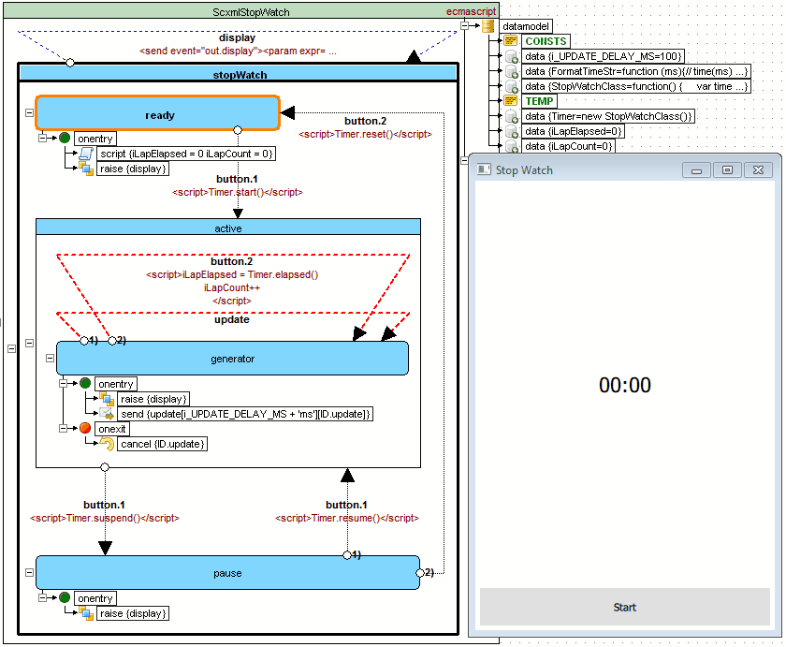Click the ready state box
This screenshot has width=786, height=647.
pyautogui.click(x=158, y=114)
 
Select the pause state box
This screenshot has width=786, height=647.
pyautogui.click(x=227, y=573)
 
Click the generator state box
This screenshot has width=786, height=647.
pyautogui.click(x=232, y=358)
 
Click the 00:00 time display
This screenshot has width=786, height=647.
pyautogui.click(x=625, y=385)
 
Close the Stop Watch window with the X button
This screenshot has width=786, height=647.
pyautogui.click(x=758, y=170)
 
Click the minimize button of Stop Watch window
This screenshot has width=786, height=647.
pyautogui.click(x=696, y=170)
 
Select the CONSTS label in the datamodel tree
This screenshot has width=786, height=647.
pyautogui.click(x=546, y=41)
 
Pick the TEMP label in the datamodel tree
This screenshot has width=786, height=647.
pyautogui.click(x=539, y=101)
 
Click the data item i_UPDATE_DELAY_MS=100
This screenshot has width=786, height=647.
pyautogui.click(x=603, y=56)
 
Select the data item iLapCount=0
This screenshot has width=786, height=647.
pyautogui.click(x=569, y=146)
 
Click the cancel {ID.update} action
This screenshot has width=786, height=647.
pyautogui.click(x=163, y=444)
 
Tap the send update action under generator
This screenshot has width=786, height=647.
pyautogui.click(x=245, y=414)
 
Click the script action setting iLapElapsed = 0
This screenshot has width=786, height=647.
pyautogui.click(x=186, y=154)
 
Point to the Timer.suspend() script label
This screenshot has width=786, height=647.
pyautogui.click(x=105, y=518)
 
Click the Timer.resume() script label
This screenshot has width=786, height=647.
pyautogui.click(x=347, y=518)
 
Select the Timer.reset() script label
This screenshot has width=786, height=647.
pyautogui.click(x=365, y=135)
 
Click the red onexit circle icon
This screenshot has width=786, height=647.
pyautogui.click(x=85, y=428)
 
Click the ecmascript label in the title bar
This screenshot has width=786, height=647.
pyautogui.click(x=472, y=11)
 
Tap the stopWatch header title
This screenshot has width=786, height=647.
pyautogui.click(x=240, y=75)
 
